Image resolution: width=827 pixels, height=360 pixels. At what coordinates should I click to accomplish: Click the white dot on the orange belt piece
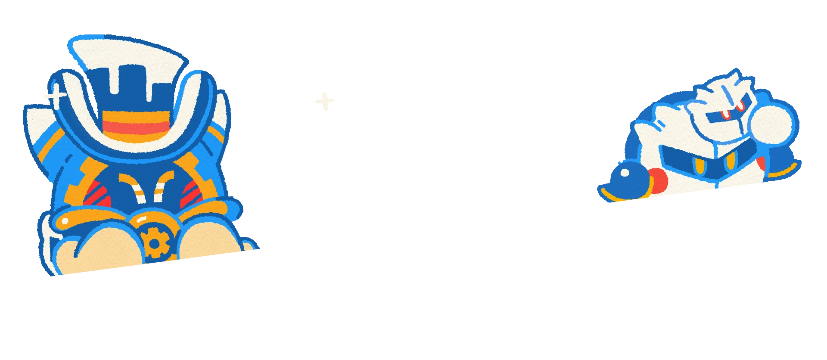(65, 221)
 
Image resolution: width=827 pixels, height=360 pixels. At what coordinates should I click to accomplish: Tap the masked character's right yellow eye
(730, 163)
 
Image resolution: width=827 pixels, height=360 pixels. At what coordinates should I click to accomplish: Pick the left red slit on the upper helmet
(725, 115)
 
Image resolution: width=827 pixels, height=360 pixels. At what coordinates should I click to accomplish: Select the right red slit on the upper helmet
(741, 105)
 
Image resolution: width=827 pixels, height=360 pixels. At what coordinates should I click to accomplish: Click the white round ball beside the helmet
(771, 124)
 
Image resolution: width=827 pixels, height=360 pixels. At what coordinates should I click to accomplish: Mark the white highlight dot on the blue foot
(624, 173)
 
